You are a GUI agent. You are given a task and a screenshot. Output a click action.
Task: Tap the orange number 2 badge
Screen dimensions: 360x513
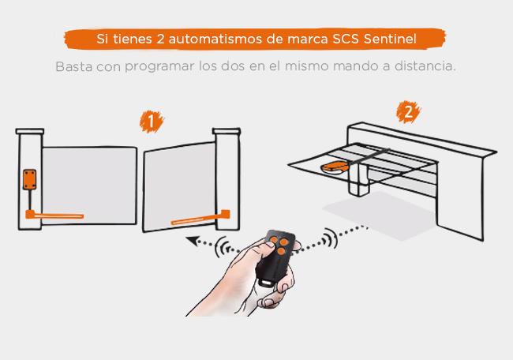[x=406, y=111]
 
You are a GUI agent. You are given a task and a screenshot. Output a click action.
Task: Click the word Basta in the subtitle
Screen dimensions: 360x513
[x=73, y=66]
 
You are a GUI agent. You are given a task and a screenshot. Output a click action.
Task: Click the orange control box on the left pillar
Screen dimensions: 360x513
[x=30, y=180]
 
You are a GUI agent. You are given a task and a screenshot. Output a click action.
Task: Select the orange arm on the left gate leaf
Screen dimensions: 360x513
[x=54, y=214]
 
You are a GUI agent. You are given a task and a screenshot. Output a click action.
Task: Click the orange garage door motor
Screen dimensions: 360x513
[x=335, y=167]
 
